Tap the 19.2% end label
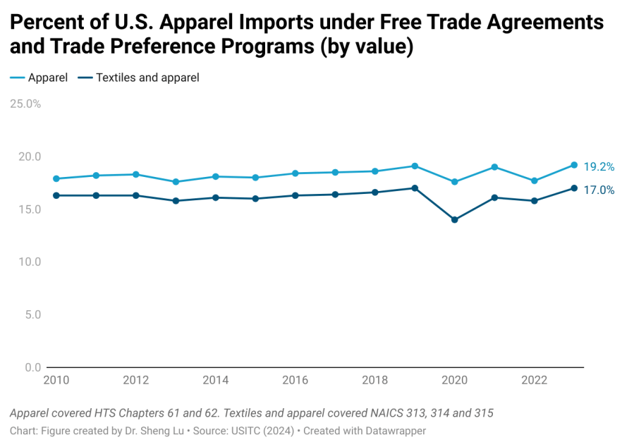[x=599, y=167]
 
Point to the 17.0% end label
[x=599, y=190]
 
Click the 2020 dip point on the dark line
[x=455, y=220]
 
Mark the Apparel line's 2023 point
[x=574, y=165]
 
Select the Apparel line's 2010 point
[x=56, y=178]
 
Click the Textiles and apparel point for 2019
[x=415, y=188]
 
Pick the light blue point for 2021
[x=494, y=167]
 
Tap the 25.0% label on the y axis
[x=25, y=104]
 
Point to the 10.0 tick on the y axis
[x=29, y=262]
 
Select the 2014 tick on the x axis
[x=215, y=380]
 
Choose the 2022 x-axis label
[x=534, y=380]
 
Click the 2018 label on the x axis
[x=374, y=380]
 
